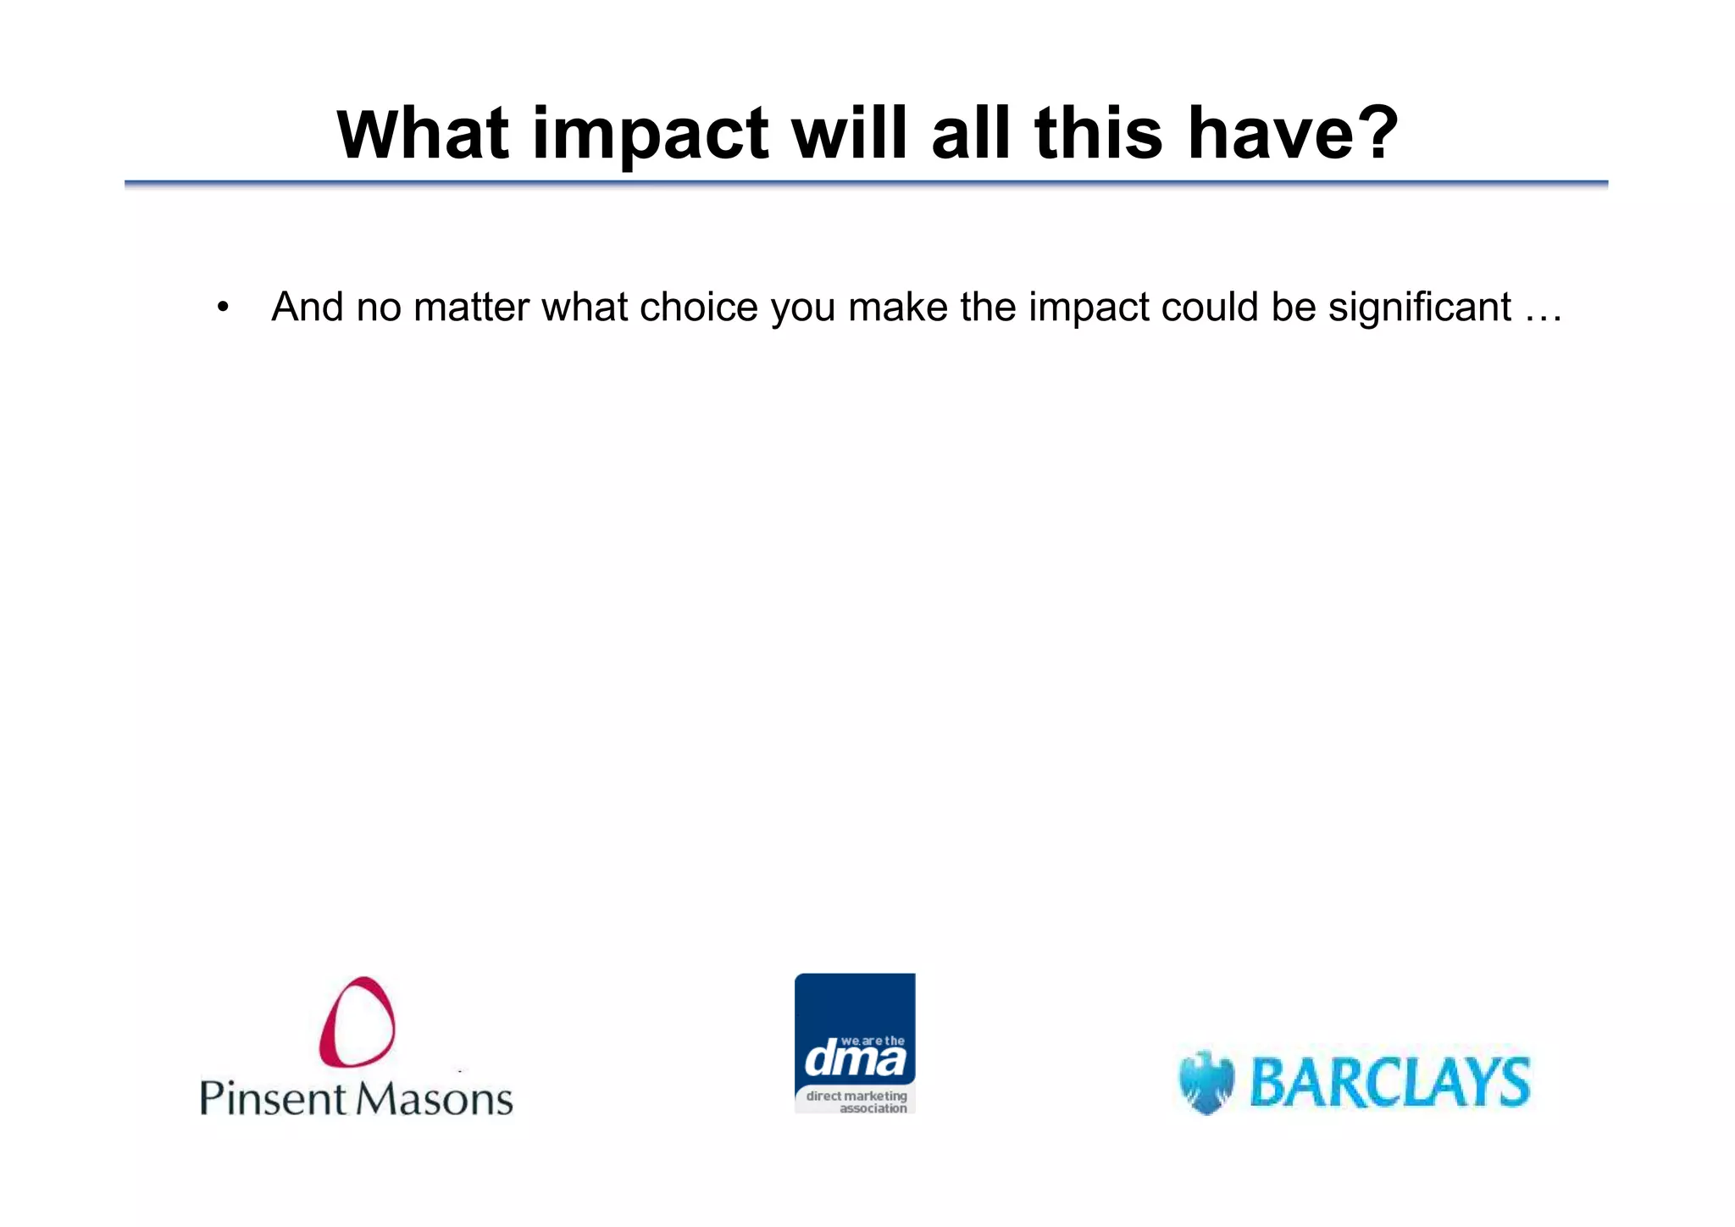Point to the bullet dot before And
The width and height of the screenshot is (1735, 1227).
coord(222,308)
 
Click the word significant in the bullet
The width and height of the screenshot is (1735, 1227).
coord(1419,307)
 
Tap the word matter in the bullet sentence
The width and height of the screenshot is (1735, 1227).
coord(471,307)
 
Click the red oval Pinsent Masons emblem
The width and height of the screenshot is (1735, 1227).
coord(358,1021)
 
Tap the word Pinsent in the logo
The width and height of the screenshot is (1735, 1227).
coord(273,1098)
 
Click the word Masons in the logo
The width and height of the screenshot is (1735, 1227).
coord(434,1098)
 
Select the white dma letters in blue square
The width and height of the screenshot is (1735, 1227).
coord(854,1059)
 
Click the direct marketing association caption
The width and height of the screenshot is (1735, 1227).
coord(856,1102)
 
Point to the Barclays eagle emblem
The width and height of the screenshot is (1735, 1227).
coord(1206,1082)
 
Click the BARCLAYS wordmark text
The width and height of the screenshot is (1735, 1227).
coord(1389,1083)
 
